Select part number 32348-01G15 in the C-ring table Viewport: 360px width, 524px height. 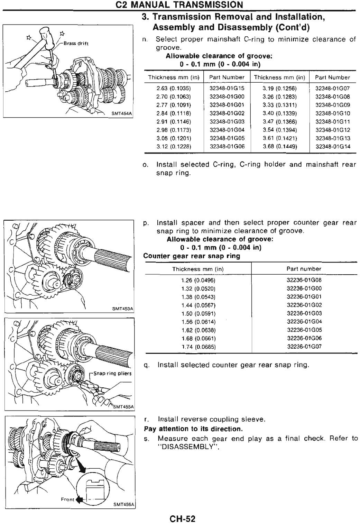tap(227, 88)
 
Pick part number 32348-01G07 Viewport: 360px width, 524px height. tap(333, 88)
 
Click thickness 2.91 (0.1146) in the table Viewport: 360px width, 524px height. tap(174, 121)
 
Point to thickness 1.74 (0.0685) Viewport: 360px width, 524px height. tap(198, 347)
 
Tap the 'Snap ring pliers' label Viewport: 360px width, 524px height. tap(112, 373)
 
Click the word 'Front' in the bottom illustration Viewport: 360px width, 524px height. tap(67, 499)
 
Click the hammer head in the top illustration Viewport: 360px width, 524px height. tap(46, 34)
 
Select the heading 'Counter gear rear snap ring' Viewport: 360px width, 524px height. tap(192, 256)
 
